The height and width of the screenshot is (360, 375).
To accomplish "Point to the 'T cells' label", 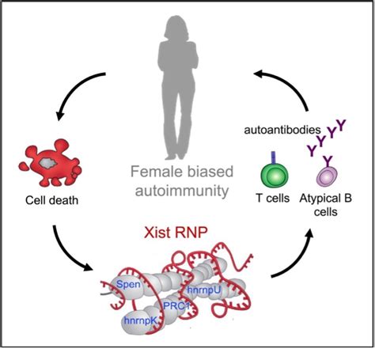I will (x=273, y=199).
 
